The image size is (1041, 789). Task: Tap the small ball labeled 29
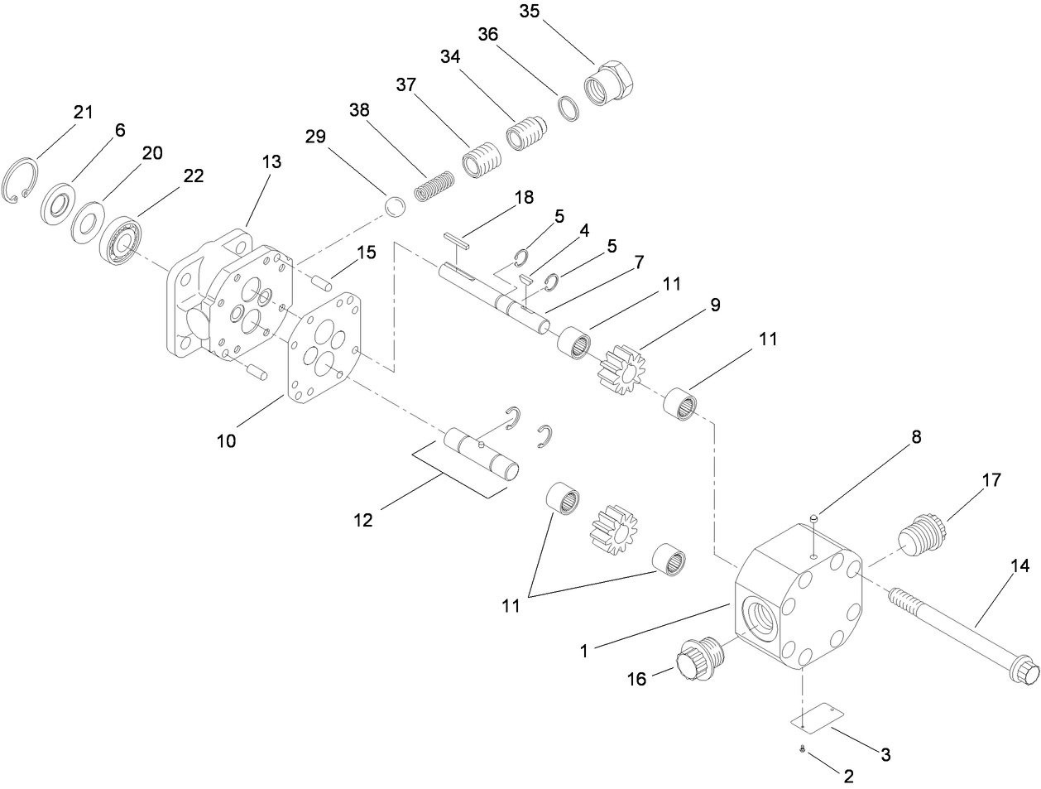[x=396, y=206]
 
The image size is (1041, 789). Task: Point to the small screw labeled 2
[x=803, y=749]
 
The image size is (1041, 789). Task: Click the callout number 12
[x=362, y=520]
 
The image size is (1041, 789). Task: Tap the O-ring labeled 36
[x=568, y=108]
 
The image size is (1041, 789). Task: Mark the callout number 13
[x=272, y=162]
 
